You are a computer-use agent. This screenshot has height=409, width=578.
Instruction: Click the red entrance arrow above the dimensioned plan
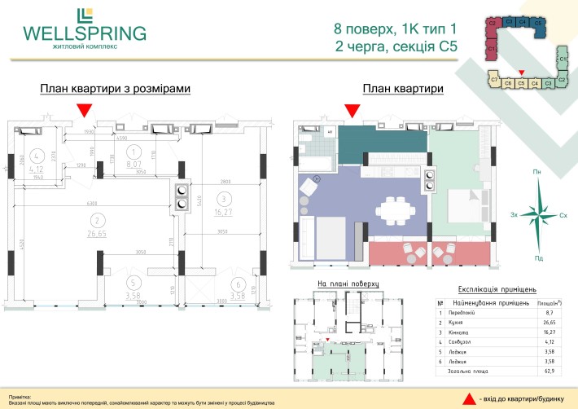tap(83, 111)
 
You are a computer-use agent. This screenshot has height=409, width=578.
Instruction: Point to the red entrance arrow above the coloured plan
tap(352, 111)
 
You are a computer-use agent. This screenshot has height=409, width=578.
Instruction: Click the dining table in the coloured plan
tap(399, 209)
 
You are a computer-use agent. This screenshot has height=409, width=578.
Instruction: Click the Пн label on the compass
tap(536, 173)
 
